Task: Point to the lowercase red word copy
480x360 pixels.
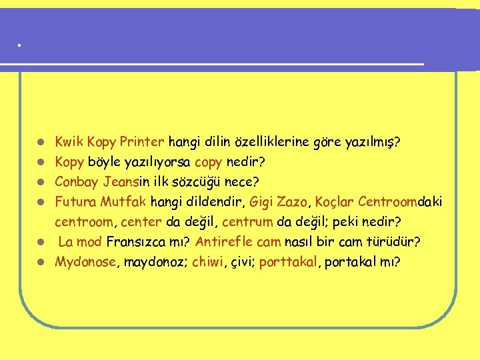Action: tap(209, 162)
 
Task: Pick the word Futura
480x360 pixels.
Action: tap(75, 201)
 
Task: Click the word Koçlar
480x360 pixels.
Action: tap(335, 201)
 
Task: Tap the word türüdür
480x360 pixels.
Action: tap(399, 241)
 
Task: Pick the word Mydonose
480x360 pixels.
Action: tap(85, 261)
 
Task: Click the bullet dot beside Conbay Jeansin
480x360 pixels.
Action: tap(41, 182)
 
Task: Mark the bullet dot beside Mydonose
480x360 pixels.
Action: tap(41, 262)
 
